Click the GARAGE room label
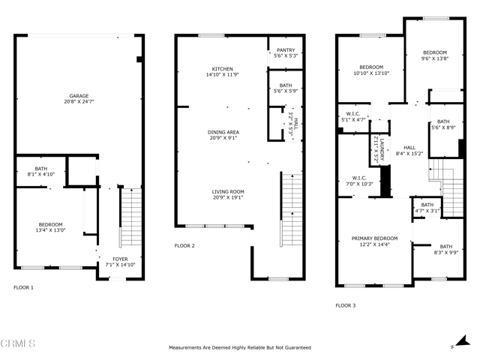79,96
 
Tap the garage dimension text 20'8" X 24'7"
79,102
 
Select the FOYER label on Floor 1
120,259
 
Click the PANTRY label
286,50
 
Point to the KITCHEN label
223,69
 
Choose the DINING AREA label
223,132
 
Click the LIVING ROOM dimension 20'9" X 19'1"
228,197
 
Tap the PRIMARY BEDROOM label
375,238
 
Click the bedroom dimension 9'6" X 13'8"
435,58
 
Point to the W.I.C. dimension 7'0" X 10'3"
359,184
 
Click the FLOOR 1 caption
23,287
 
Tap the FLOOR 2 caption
184,245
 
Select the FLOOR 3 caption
346,305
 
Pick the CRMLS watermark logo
18,343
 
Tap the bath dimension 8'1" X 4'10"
41,175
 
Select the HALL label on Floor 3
409,148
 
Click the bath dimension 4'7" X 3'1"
427,211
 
